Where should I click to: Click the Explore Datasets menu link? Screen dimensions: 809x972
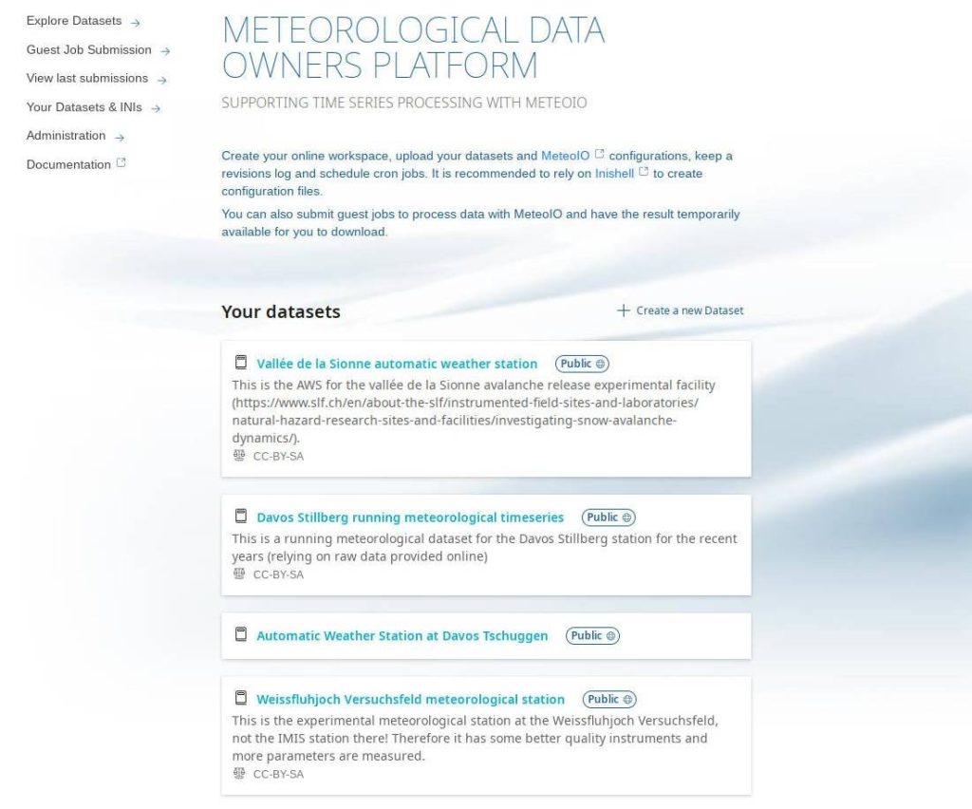click(x=74, y=21)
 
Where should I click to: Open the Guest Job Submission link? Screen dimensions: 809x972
click(x=89, y=49)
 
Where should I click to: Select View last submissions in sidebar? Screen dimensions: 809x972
click(x=87, y=78)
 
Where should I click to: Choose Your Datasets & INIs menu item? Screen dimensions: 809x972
click(x=84, y=107)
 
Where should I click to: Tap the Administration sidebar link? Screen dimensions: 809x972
click(x=66, y=136)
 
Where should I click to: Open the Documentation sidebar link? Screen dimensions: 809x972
click(x=69, y=164)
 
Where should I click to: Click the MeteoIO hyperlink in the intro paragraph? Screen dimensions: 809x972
click(x=566, y=156)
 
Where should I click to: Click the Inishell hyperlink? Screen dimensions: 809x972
click(x=614, y=174)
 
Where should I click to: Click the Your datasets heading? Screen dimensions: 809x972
click(x=281, y=311)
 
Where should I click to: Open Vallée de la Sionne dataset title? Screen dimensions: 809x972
click(x=397, y=364)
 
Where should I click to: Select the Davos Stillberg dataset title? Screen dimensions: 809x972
click(x=410, y=517)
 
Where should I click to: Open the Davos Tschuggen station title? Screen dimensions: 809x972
click(x=402, y=636)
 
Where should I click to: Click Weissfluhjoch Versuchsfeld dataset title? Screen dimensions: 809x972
click(x=410, y=700)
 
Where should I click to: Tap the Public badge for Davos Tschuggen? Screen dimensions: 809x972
click(x=592, y=636)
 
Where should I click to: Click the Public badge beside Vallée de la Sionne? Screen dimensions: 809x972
click(x=582, y=364)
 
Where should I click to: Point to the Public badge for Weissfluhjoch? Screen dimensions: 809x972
click(x=608, y=700)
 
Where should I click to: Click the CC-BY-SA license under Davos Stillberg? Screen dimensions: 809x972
click(x=278, y=574)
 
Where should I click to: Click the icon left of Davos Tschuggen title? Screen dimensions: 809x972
click(x=241, y=635)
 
